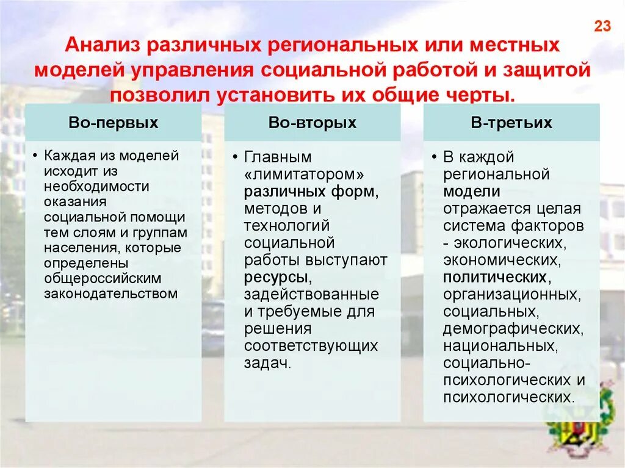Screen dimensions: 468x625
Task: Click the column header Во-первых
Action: tap(114, 123)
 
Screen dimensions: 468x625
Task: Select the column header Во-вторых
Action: tap(312, 123)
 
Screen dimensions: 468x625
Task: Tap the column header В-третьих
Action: tap(511, 123)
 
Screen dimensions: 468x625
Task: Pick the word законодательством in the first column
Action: tap(110, 293)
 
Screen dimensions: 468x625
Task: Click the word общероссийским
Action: tap(103, 278)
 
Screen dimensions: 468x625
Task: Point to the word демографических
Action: tap(511, 328)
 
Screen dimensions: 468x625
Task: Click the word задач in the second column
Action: tap(266, 363)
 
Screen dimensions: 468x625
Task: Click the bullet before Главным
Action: tap(236, 157)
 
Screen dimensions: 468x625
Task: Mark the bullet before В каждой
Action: tap(435, 157)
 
